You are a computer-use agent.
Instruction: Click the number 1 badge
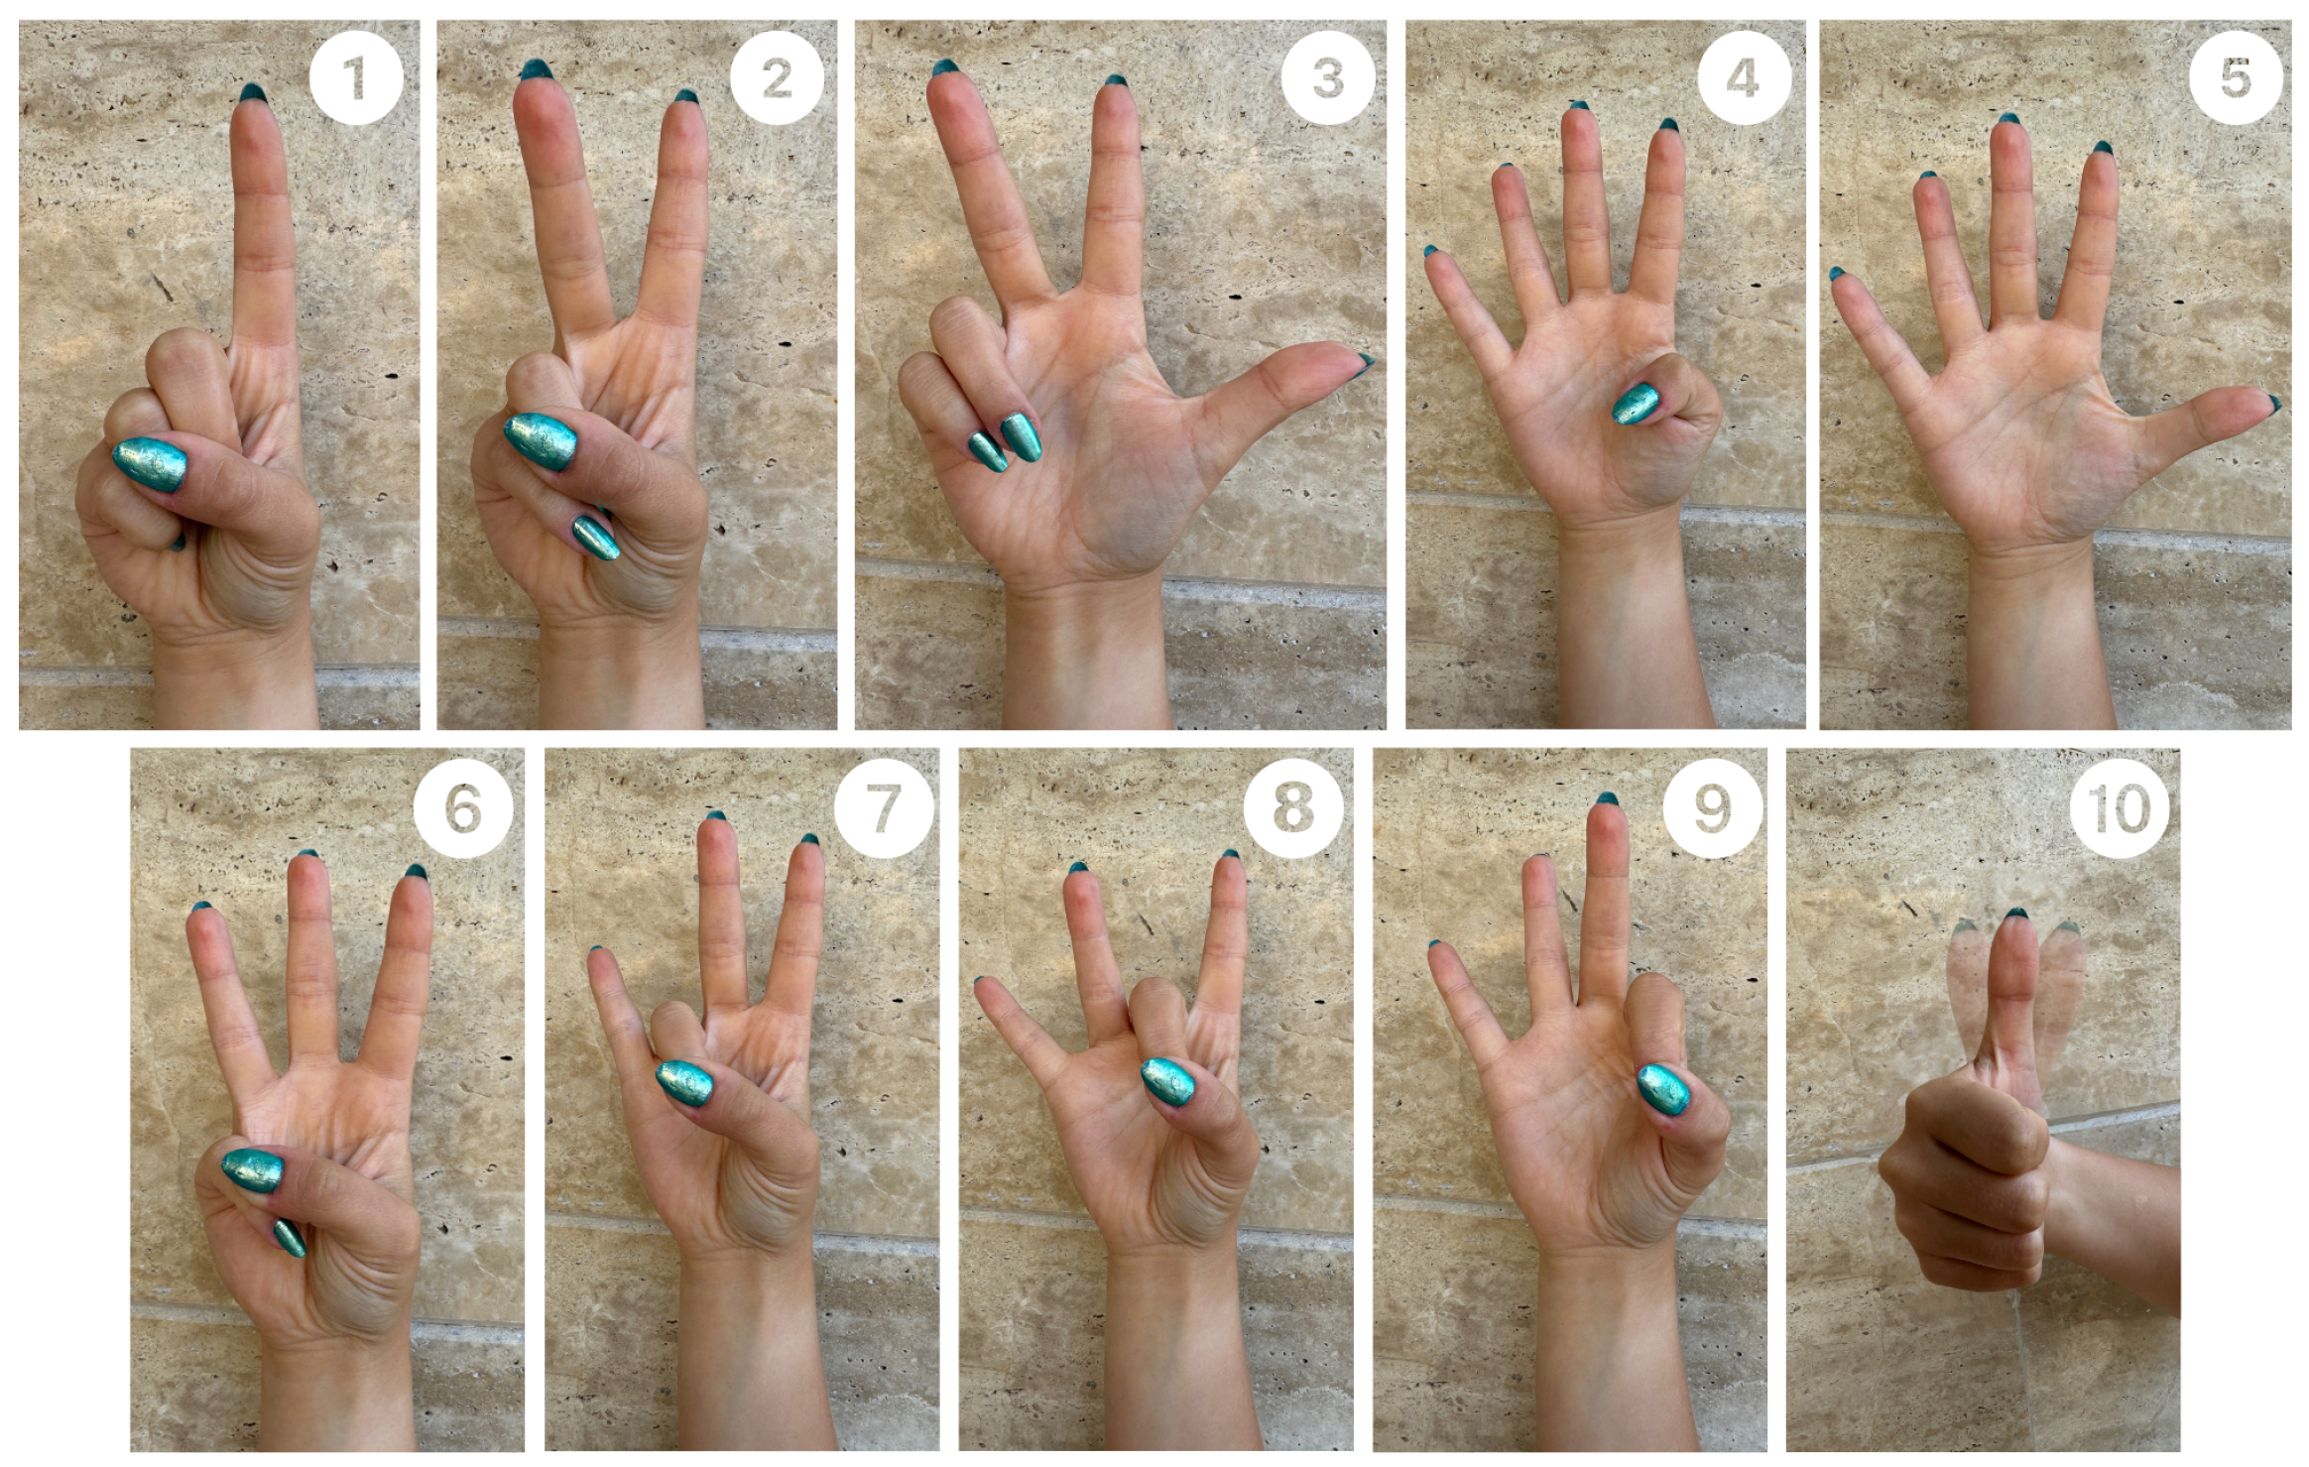pyautogui.click(x=356, y=77)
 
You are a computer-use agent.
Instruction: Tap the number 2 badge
pyautogui.click(x=777, y=77)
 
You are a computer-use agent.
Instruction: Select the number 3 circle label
pyautogui.click(x=1327, y=77)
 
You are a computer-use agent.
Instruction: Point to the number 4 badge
pyautogui.click(x=1744, y=77)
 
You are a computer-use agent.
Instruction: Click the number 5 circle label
pyautogui.click(x=2236, y=77)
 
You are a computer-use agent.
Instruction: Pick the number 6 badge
pyautogui.click(x=463, y=808)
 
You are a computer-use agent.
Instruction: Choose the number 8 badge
pyautogui.click(x=1293, y=808)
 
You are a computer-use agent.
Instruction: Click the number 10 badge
pyautogui.click(x=2120, y=808)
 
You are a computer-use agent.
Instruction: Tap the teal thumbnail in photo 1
pyautogui.click(x=149, y=465)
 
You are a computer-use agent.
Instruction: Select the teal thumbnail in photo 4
pyautogui.click(x=1635, y=404)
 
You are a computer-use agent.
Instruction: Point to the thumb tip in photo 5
pyautogui.click(x=2271, y=403)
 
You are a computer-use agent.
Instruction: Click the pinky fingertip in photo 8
pyautogui.click(x=981, y=985)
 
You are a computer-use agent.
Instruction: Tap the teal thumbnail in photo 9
pyautogui.click(x=1663, y=1087)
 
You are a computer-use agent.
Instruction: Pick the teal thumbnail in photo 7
pyautogui.click(x=683, y=1084)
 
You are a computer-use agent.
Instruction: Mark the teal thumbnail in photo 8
pyautogui.click(x=1167, y=1080)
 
